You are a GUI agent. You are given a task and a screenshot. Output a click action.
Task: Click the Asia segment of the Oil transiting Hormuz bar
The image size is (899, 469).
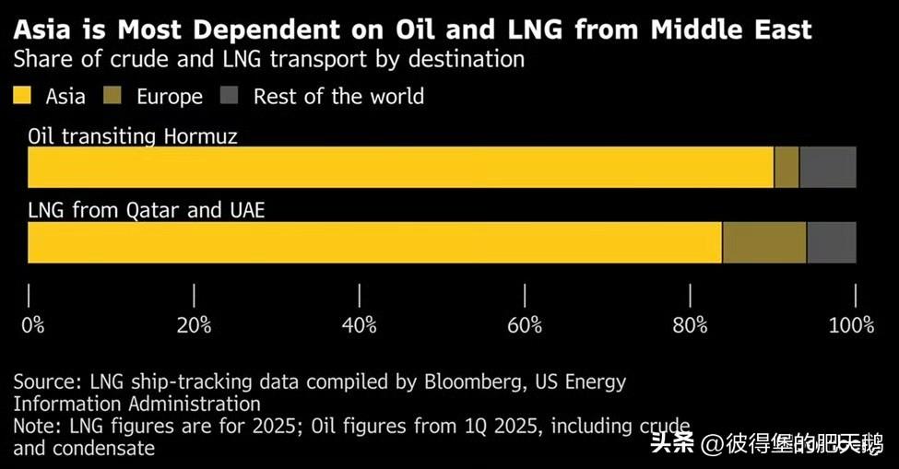(400, 167)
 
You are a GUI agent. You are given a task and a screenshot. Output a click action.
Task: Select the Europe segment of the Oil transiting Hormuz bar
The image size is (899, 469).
(786, 167)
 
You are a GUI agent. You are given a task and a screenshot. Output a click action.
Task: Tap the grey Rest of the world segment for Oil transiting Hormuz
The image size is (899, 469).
(827, 167)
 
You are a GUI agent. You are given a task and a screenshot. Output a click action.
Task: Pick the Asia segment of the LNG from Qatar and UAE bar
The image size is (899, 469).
(374, 242)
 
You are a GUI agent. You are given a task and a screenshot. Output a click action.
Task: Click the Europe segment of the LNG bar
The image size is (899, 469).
(763, 242)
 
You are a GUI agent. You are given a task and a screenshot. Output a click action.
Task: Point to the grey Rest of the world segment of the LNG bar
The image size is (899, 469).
(831, 242)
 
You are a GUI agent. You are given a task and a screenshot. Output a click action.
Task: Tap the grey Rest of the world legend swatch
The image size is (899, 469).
(230, 96)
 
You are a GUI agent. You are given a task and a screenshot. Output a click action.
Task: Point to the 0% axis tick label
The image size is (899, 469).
(32, 324)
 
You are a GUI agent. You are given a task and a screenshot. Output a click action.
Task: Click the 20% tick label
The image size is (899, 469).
(195, 324)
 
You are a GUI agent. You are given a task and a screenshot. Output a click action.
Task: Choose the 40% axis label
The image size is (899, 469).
(360, 324)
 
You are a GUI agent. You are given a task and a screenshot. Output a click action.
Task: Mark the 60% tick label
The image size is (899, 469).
(525, 324)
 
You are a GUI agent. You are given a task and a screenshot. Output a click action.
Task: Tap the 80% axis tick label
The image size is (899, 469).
(690, 324)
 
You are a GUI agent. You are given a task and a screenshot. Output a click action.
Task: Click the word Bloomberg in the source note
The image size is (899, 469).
(471, 381)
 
